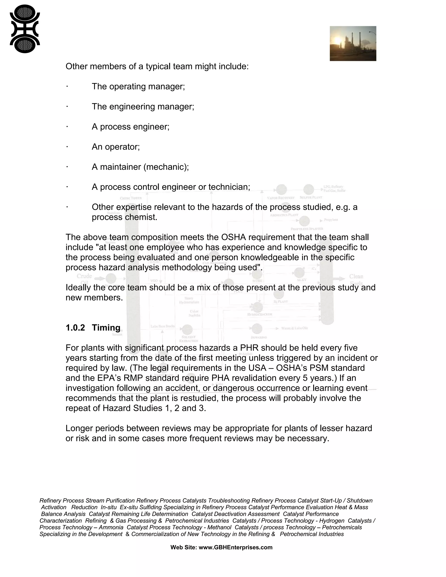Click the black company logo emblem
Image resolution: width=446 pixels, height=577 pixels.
(x=25, y=29)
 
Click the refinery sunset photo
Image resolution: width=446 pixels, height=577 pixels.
(x=353, y=44)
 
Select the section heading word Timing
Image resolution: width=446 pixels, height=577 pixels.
(x=106, y=328)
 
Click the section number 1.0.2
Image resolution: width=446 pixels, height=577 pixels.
(x=75, y=328)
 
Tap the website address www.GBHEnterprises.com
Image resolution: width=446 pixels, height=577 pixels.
(x=235, y=547)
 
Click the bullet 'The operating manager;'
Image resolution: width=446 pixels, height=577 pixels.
(x=138, y=87)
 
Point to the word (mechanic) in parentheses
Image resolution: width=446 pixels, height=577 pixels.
(x=166, y=167)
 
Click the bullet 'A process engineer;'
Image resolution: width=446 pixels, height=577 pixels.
(x=130, y=127)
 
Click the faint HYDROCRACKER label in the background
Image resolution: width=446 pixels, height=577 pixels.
(x=259, y=314)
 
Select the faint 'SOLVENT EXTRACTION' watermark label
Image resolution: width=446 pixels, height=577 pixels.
(x=188, y=339)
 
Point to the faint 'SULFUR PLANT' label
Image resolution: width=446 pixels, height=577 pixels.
(x=311, y=197)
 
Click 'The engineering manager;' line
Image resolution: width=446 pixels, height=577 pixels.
(x=143, y=107)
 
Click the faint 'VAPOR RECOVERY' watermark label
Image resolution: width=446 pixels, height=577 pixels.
(x=280, y=198)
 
